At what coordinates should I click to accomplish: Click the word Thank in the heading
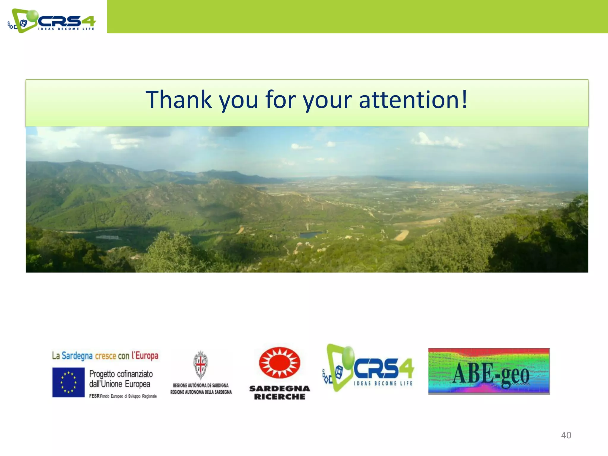(x=178, y=100)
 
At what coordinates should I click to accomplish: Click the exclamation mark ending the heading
(x=464, y=99)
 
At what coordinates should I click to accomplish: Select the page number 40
(x=566, y=435)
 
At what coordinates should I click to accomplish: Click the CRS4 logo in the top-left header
(x=52, y=21)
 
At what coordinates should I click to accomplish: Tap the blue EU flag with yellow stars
(x=68, y=382)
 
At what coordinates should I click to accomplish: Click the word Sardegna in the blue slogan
(x=77, y=355)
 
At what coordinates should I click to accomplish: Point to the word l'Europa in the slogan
(x=145, y=355)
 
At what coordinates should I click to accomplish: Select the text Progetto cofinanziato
(x=121, y=374)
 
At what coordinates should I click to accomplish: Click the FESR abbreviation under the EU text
(x=94, y=396)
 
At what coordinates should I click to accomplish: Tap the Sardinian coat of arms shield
(x=200, y=365)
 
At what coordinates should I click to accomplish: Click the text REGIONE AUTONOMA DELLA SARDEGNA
(x=201, y=392)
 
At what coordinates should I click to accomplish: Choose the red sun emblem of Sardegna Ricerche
(x=279, y=363)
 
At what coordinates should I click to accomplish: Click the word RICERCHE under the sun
(x=279, y=397)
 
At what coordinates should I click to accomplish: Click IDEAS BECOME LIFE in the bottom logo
(x=383, y=383)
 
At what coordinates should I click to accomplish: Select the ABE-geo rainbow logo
(x=489, y=371)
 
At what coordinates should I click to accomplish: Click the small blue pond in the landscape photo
(x=310, y=235)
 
